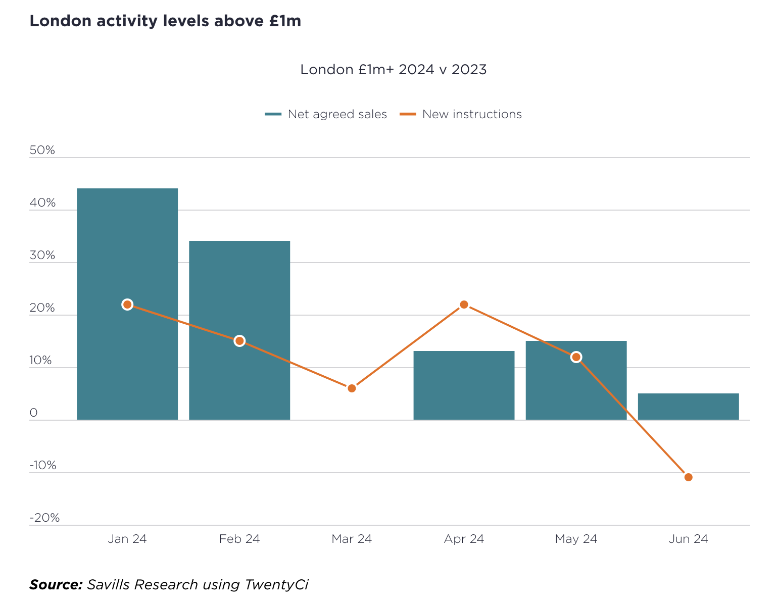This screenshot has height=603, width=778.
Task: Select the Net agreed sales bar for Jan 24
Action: click(x=127, y=242)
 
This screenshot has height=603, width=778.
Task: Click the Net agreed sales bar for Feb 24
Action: click(x=239, y=283)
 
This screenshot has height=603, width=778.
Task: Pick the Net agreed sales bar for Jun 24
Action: click(x=688, y=407)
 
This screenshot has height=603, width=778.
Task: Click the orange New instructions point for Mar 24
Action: click(x=352, y=388)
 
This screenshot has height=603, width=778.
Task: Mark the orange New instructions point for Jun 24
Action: click(x=688, y=477)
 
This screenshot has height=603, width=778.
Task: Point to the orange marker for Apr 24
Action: click(x=464, y=305)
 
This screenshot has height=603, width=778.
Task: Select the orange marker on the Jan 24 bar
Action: click(x=127, y=305)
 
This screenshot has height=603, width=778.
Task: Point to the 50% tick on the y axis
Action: click(x=42, y=150)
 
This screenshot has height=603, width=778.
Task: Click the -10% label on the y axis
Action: click(x=43, y=466)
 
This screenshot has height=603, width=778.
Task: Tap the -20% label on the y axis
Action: click(x=44, y=518)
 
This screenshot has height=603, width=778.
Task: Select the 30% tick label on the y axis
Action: click(x=42, y=256)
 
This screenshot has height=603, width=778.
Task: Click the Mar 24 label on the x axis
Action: click(x=352, y=539)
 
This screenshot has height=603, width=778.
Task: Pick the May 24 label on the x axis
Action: click(x=576, y=539)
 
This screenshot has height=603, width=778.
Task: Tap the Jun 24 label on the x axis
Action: click(x=688, y=539)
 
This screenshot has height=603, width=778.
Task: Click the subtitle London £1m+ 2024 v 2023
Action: click(x=393, y=69)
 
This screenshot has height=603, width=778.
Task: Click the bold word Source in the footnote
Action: click(x=56, y=585)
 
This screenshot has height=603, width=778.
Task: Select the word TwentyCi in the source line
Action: click(x=276, y=585)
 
